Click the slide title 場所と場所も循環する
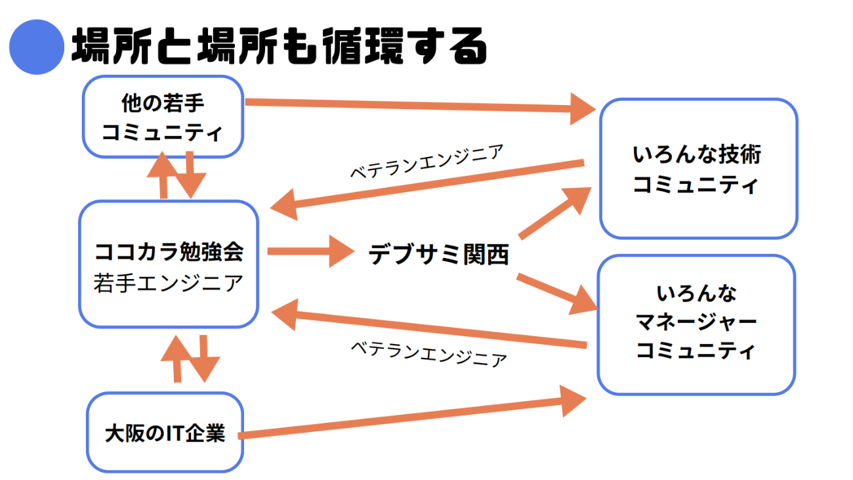pyautogui.click(x=279, y=46)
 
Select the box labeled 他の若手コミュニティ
pyautogui.click(x=163, y=118)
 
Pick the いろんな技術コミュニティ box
pyautogui.click(x=698, y=169)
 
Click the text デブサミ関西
pyautogui.click(x=438, y=254)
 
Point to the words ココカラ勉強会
pyautogui.click(x=169, y=251)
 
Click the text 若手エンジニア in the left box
pyautogui.click(x=169, y=284)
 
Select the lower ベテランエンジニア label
pyautogui.click(x=428, y=353)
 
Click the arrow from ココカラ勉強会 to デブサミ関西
pyautogui.click(x=308, y=251)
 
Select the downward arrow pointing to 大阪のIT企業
pyautogui.click(x=204, y=359)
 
